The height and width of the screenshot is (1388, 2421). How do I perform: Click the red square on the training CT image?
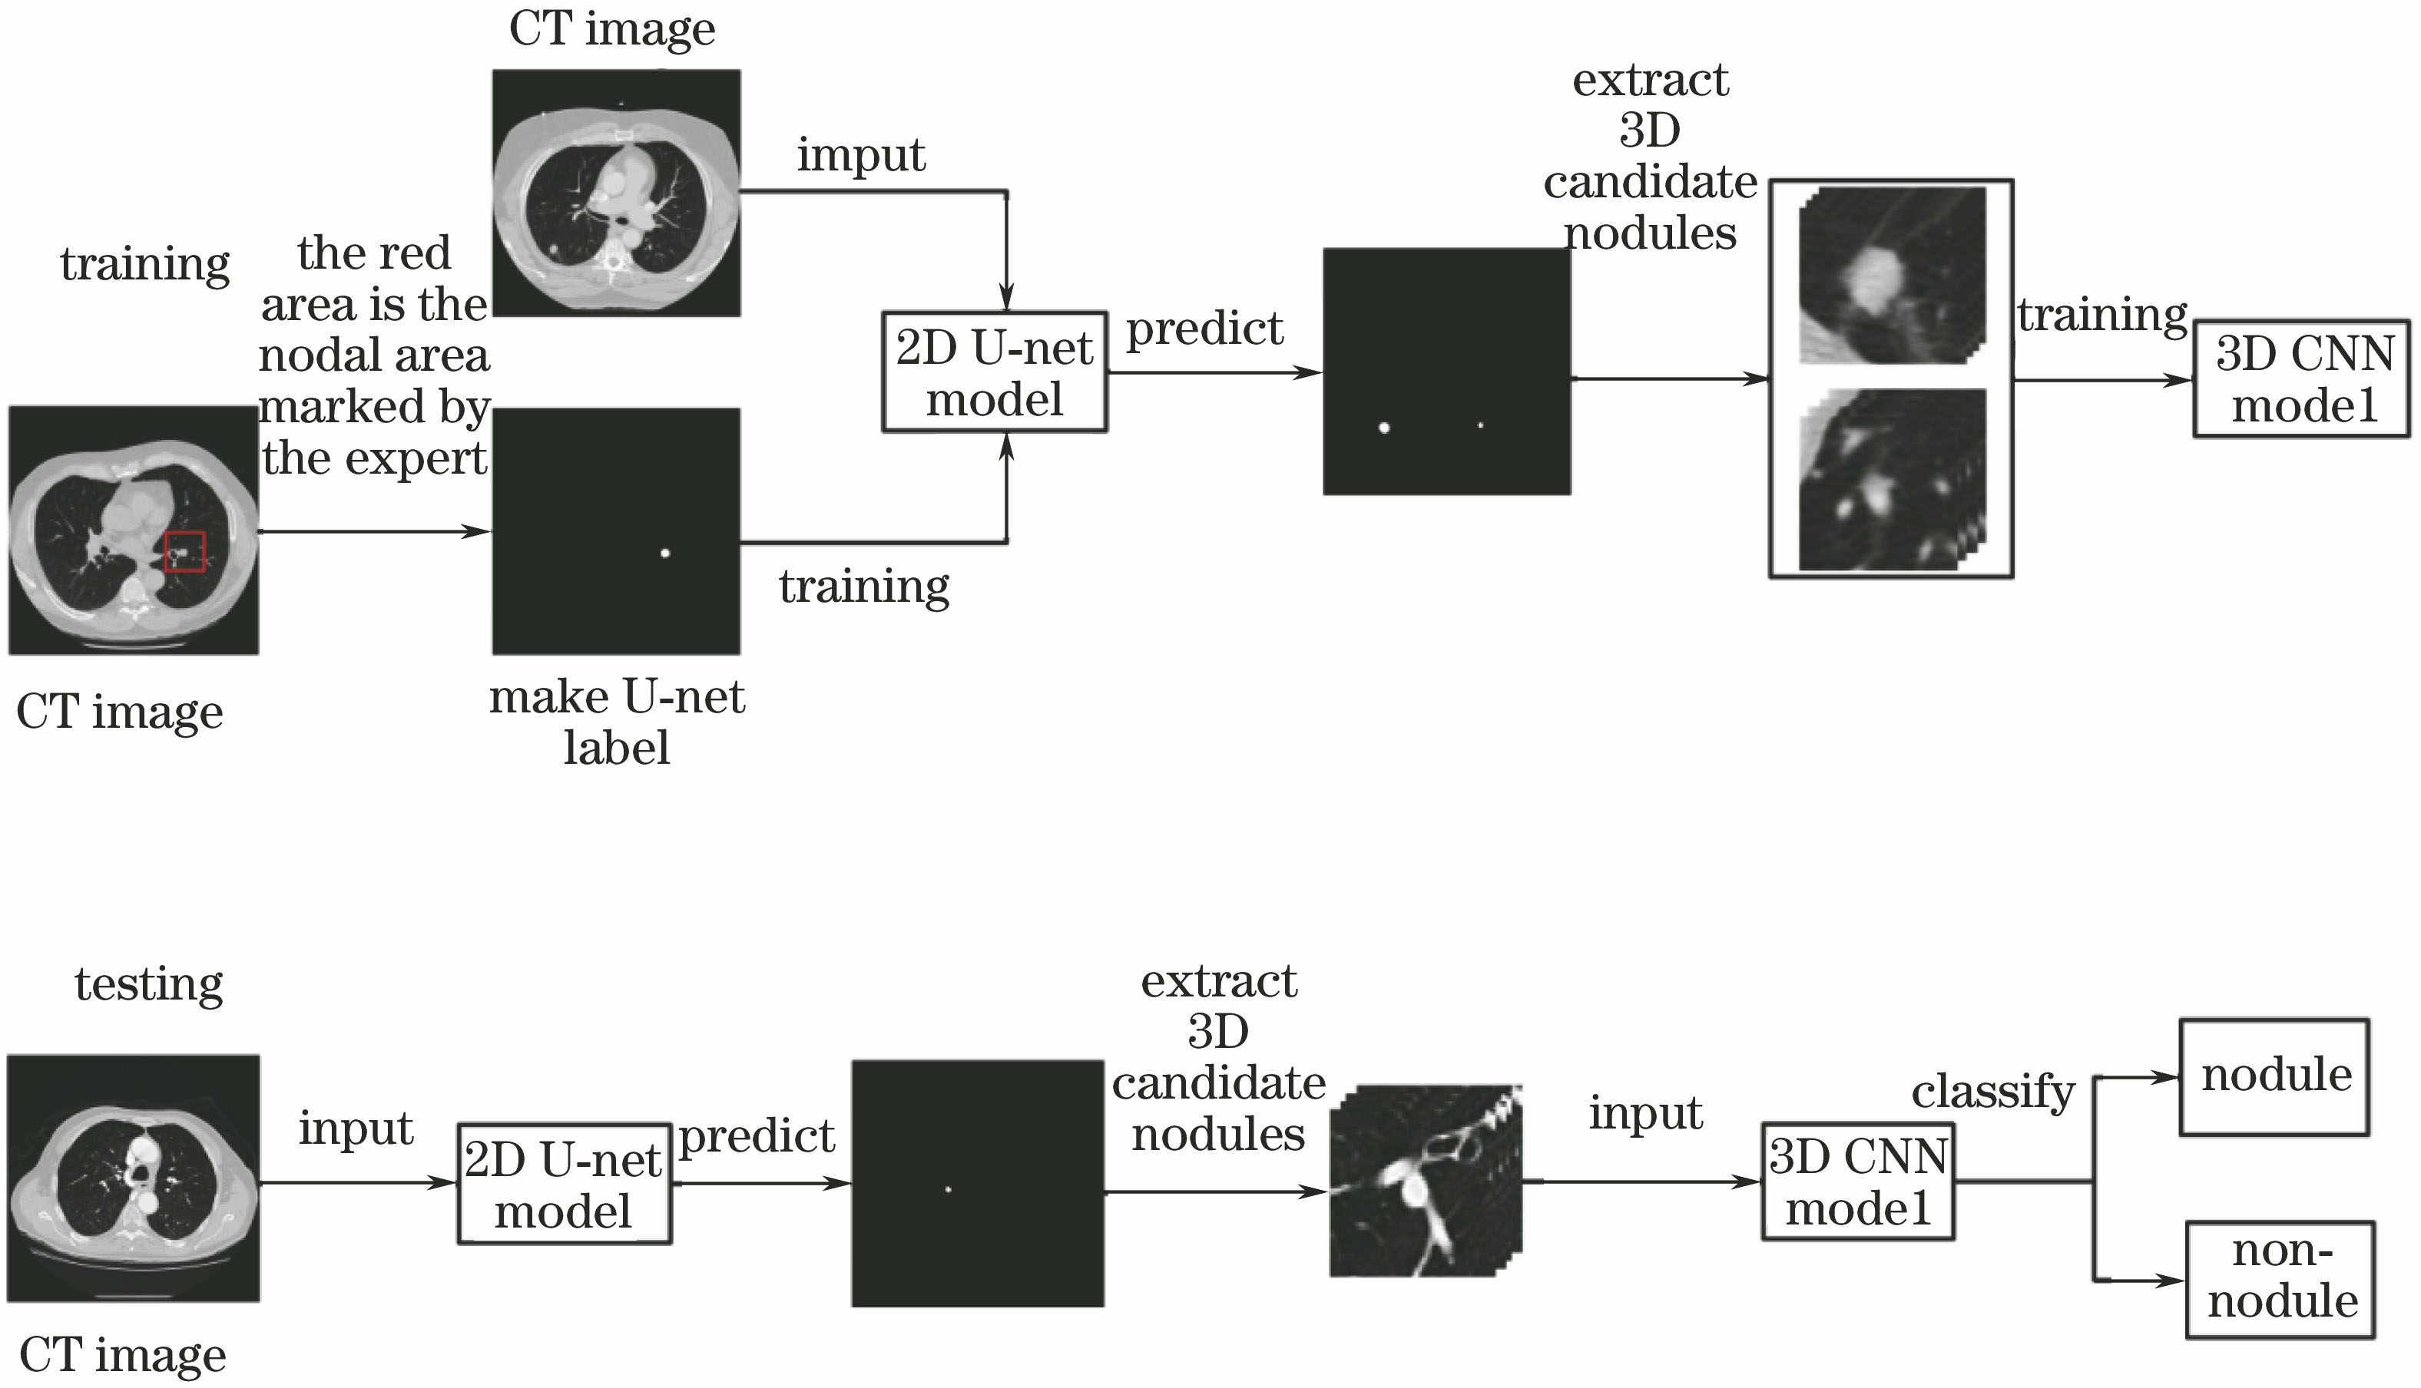184,551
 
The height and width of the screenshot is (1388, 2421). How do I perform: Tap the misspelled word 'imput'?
860,154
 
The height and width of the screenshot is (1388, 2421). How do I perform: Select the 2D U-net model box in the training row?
994,372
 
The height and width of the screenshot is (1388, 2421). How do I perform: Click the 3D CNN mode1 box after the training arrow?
2302,379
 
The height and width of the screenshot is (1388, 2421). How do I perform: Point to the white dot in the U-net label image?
664,553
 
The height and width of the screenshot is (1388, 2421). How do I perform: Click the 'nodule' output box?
2275,1076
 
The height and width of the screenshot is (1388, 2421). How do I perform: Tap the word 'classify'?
1993,1091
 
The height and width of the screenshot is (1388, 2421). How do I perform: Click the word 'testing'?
149,983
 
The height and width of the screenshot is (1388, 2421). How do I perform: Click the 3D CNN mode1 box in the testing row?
1857,1183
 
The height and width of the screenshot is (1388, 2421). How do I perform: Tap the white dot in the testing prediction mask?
948,1188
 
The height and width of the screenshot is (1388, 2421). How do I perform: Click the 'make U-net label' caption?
616,722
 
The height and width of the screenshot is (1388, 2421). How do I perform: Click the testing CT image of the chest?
134,1178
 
